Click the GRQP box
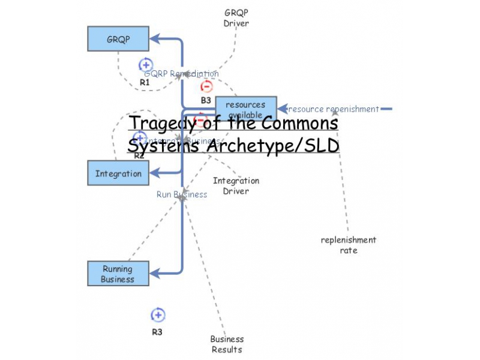click(x=118, y=39)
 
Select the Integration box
click(x=118, y=173)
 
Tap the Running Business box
click(x=118, y=274)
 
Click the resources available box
click(x=245, y=105)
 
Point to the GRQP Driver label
click(x=236, y=18)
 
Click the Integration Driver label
click(x=236, y=185)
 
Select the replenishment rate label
click(x=348, y=245)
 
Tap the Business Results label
click(x=227, y=344)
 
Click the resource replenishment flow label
click(x=334, y=109)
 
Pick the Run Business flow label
click(x=182, y=194)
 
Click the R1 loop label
click(x=145, y=82)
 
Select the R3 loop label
click(x=157, y=332)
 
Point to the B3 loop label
click(x=206, y=100)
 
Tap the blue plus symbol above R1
click(x=145, y=65)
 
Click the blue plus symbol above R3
click(x=157, y=315)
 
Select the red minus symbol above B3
click(x=206, y=86)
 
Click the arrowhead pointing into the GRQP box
click(x=154, y=39)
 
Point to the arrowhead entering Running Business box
click(x=154, y=274)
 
